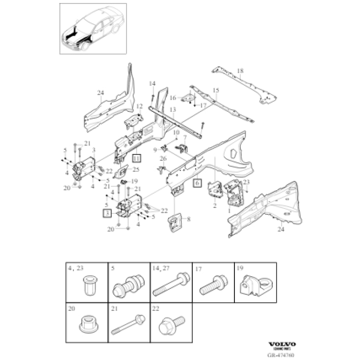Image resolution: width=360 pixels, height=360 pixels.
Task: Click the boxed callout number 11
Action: point(136,158)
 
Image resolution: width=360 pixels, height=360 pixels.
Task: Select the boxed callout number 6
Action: point(197,183)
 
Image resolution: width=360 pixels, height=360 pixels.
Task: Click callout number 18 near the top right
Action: point(240,72)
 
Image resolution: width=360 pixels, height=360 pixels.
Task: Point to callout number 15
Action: point(215,90)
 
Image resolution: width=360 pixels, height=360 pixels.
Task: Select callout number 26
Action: point(163,158)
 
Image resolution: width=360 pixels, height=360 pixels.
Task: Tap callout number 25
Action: point(136,170)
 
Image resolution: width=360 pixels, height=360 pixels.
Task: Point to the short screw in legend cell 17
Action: point(212,286)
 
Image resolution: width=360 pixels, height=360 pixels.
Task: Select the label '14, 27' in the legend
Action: point(161,268)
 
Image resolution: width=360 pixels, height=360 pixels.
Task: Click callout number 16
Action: point(173,98)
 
